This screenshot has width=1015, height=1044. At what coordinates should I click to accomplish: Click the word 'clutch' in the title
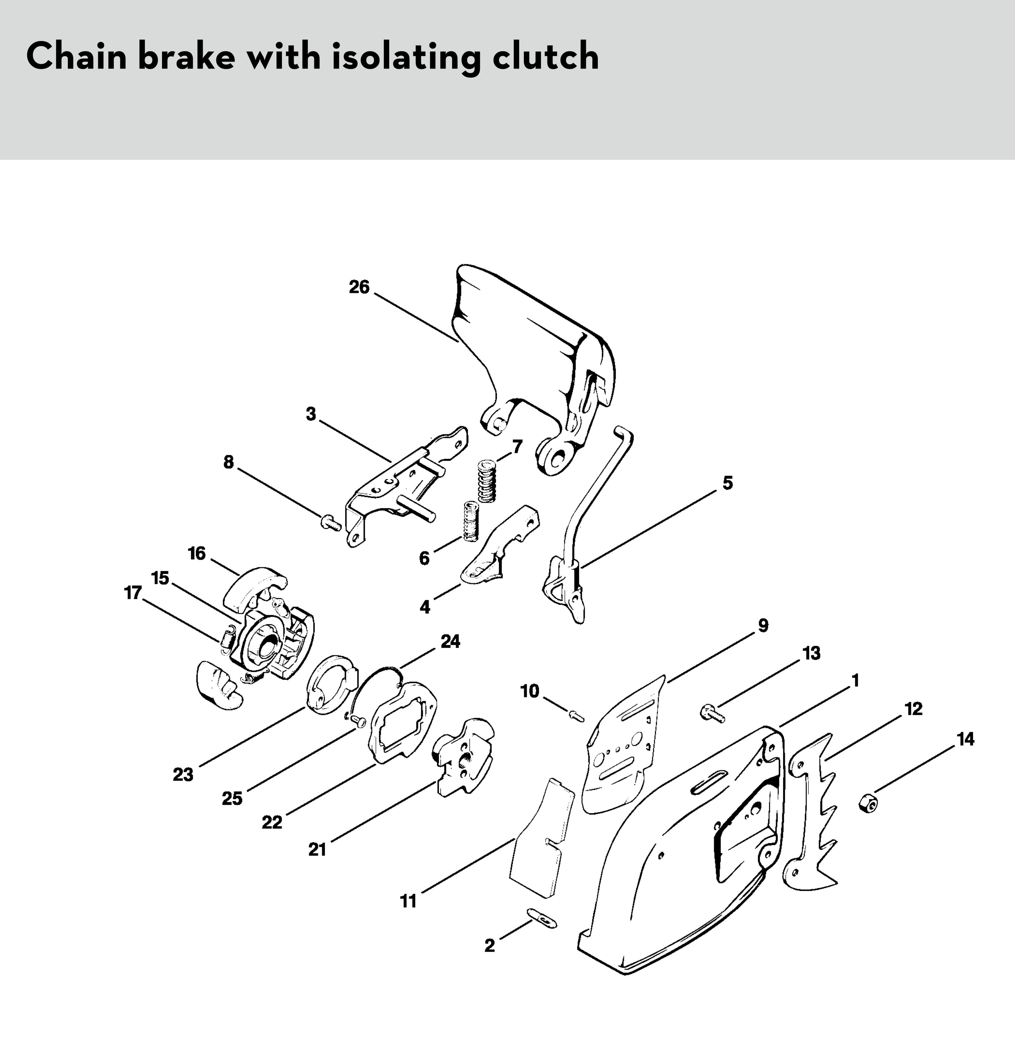tap(545, 57)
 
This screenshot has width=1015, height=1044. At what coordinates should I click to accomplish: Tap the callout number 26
tap(359, 287)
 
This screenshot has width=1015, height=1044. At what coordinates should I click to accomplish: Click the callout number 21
tap(317, 849)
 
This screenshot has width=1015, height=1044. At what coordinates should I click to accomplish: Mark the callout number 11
tap(408, 902)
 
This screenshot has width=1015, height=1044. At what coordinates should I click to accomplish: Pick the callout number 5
tap(728, 483)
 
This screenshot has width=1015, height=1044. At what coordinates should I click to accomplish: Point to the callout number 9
tap(763, 625)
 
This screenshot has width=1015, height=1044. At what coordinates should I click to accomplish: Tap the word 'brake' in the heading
tap(186, 57)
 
